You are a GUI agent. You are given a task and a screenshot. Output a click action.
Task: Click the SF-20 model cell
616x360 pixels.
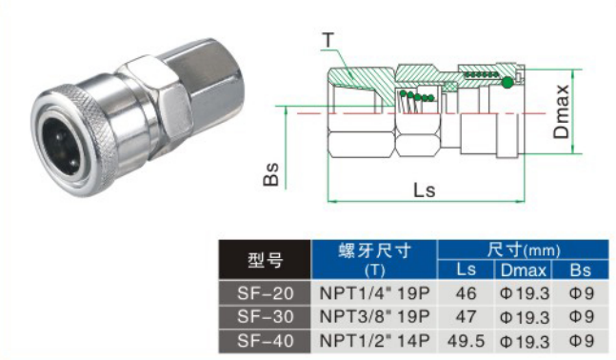(265, 293)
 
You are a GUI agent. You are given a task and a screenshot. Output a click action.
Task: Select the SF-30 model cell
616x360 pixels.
(265, 317)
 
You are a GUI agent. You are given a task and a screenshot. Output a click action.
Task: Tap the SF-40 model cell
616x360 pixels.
(265, 341)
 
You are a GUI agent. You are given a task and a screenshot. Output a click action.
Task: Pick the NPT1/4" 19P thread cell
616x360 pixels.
(374, 293)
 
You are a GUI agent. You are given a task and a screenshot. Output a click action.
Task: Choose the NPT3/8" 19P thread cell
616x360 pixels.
(374, 317)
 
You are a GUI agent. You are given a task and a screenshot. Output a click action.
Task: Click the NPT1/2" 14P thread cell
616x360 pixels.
(374, 341)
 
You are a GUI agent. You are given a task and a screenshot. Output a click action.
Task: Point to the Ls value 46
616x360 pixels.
(466, 293)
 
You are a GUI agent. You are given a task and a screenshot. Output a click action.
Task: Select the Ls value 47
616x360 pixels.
(466, 317)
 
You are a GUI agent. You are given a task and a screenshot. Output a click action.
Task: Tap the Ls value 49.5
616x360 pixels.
(466, 341)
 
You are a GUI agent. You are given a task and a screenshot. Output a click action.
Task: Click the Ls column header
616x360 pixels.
(466, 270)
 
